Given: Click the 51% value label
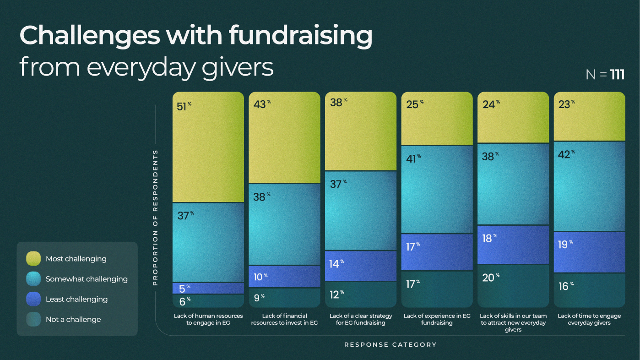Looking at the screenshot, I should pos(184,107).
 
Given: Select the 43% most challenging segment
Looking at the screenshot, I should pos(284,137).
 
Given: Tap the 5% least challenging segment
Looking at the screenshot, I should pos(208,288).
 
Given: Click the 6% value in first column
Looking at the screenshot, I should pos(184,300).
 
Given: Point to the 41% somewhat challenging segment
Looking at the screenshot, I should pos(437,189).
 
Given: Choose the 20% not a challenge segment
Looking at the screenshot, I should pos(513,286).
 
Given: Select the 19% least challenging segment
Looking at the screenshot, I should pos(589,252).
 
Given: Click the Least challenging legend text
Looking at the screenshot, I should pos(76,299).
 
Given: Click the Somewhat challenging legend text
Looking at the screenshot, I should pos(87,279).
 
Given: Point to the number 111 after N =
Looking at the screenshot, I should pos(617,75).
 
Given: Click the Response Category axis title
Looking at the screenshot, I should pos(390,344).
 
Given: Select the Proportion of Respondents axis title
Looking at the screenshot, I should pos(155,218).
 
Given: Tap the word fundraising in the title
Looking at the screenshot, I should pos(301,36).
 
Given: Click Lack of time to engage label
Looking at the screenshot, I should pos(589,319).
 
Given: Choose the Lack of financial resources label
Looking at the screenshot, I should pos(284,319).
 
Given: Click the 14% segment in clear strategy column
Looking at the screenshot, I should pos(360,266).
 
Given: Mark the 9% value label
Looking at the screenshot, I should pos(259,297).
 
